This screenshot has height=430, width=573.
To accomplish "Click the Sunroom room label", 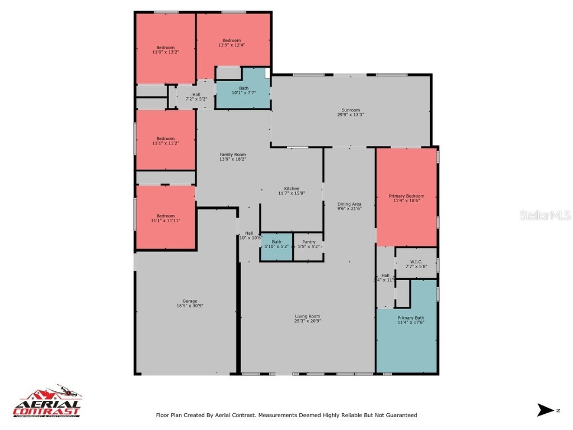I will [351, 110].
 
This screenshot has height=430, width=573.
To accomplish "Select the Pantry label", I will [308, 242].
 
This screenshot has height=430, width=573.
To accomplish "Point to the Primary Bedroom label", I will [406, 196].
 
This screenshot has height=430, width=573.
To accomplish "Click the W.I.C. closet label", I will [416, 261].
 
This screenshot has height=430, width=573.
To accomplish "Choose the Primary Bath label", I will [406, 318].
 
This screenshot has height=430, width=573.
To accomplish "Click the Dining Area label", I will [349, 204].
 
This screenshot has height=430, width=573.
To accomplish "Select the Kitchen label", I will [292, 189].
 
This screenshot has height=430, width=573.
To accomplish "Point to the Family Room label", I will [232, 155].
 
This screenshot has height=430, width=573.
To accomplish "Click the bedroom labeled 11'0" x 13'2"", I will [165, 48].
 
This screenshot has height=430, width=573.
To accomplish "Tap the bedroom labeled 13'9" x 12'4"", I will [232, 40].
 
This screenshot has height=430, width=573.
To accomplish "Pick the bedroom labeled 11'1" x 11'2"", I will [165, 139].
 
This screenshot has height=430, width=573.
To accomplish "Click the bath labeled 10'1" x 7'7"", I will [244, 88].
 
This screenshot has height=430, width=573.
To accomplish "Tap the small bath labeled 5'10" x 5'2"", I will [276, 242].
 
